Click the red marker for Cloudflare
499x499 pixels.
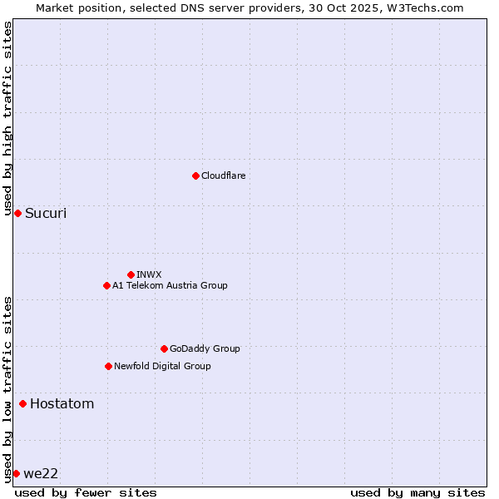click(x=195, y=175)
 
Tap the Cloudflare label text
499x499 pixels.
click(x=223, y=176)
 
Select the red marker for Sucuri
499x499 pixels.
click(x=17, y=214)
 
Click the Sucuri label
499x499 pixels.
click(x=46, y=214)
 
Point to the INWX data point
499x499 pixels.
click(x=131, y=274)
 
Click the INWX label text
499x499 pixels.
click(x=149, y=274)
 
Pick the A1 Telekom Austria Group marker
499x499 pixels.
click(x=106, y=285)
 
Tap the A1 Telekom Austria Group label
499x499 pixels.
click(x=170, y=286)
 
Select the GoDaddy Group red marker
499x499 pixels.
click(x=164, y=348)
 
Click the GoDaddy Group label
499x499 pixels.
click(x=205, y=349)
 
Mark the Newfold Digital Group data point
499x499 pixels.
click(x=108, y=366)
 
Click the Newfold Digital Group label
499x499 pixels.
click(x=162, y=367)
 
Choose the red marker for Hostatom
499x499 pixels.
click(x=22, y=404)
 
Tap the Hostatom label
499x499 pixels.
click(x=62, y=404)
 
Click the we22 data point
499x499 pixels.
click(x=16, y=473)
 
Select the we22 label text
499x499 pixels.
click(x=41, y=474)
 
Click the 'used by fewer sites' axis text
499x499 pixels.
click(x=86, y=492)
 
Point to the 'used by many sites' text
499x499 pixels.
click(x=417, y=492)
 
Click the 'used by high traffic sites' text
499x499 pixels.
click(x=8, y=119)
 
